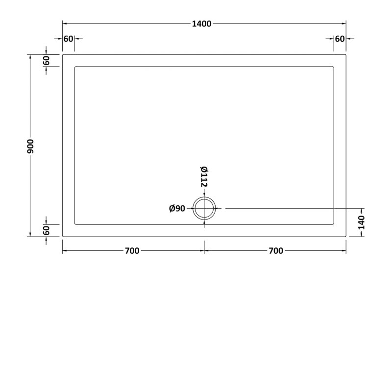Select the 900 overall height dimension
[30, 146]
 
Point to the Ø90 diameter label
[176, 209]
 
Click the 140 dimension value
[362, 222]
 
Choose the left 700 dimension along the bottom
[132, 251]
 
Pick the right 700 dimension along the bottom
[276, 251]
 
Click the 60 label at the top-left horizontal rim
[68, 39]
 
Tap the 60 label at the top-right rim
[340, 39]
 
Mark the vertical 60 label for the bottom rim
[47, 230]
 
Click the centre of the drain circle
[204, 209]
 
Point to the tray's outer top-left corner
[63, 54]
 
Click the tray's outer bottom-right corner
[346, 237]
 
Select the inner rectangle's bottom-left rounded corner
[75, 224]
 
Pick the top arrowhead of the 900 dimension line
[30, 56]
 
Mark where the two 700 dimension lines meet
[204, 251]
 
